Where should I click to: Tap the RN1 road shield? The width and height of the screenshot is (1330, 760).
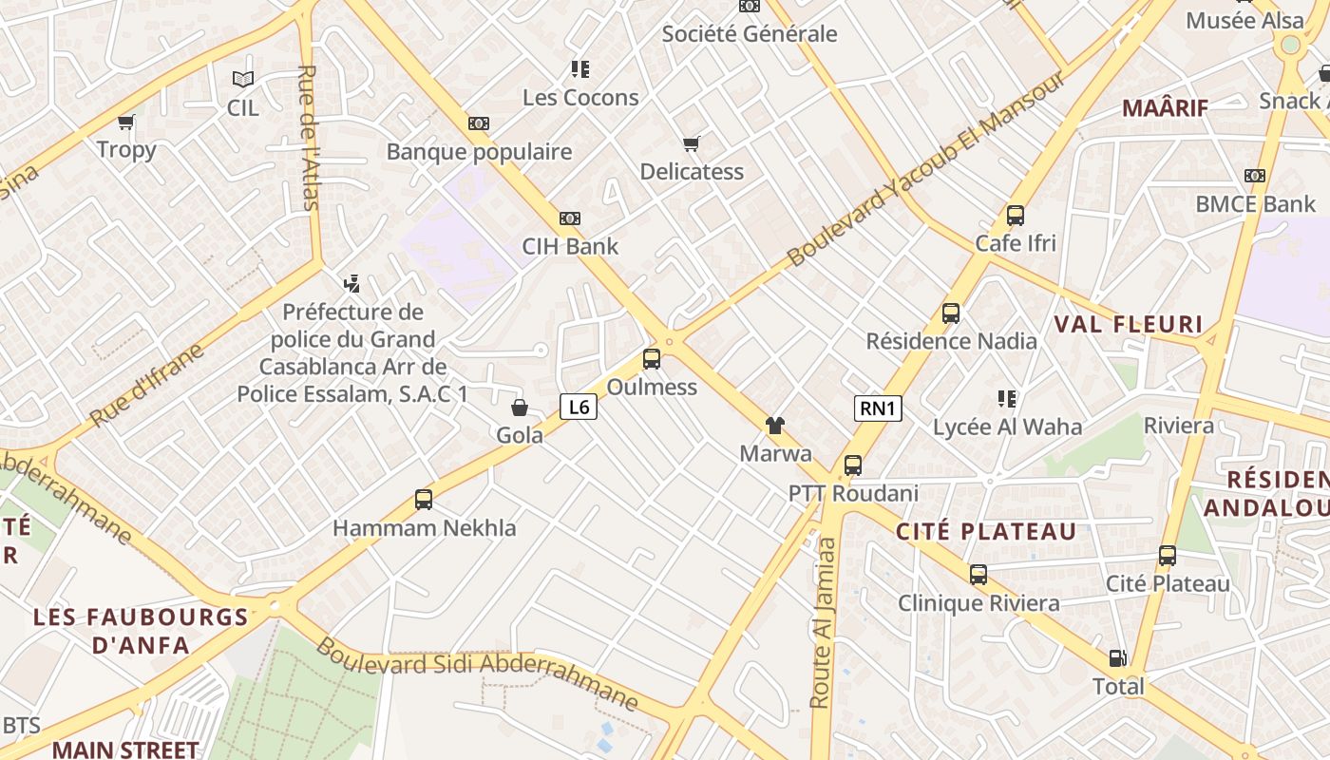[877, 408]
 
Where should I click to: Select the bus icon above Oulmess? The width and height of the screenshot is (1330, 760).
[652, 359]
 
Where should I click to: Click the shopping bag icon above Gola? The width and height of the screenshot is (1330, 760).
[520, 408]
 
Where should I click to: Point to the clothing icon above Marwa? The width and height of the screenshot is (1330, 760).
[775, 425]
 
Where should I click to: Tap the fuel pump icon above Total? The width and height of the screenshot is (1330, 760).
[1118, 658]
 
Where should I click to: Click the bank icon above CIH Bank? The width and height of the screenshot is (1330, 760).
[570, 218]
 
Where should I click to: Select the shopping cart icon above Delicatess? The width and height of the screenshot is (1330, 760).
[691, 144]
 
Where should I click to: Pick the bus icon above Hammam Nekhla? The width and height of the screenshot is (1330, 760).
[424, 499]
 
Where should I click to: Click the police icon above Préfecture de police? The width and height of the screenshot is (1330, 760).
[352, 283]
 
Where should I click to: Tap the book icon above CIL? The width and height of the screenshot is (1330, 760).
[243, 80]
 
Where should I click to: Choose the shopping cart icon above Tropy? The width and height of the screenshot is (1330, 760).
[126, 122]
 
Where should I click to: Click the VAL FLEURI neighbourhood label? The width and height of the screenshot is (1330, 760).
[1129, 324]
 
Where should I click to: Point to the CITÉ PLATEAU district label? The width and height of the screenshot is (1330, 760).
[986, 531]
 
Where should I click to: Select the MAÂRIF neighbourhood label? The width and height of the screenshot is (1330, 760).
[1165, 107]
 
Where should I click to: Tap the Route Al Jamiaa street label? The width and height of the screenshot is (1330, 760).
[823, 622]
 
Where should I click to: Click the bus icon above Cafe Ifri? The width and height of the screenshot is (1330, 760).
[1016, 216]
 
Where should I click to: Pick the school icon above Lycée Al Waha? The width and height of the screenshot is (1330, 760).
[1007, 399]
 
